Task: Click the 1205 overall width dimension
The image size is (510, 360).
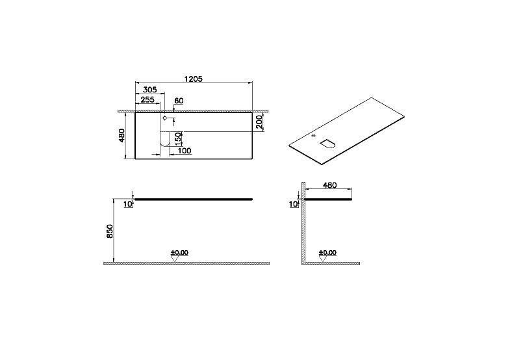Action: (x=194, y=79)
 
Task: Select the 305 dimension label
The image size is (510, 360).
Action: (x=150, y=90)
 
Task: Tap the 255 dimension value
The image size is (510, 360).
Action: (x=147, y=99)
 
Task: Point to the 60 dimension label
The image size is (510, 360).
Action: (x=179, y=101)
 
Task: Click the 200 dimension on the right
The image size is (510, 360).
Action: (x=259, y=122)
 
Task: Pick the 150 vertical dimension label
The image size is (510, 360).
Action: (x=178, y=139)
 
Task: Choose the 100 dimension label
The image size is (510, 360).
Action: (x=185, y=151)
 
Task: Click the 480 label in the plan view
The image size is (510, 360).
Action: (x=121, y=136)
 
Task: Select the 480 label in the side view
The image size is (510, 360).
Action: (x=329, y=185)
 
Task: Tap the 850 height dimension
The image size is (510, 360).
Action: (x=110, y=231)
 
